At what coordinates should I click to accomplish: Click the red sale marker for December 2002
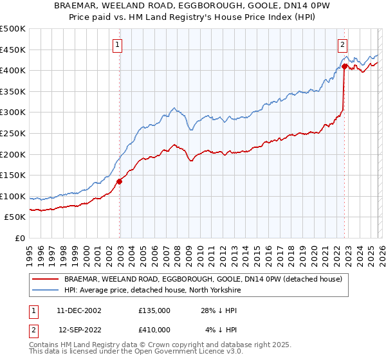pyautogui.click(x=120, y=181)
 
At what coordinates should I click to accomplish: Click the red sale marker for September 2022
pyautogui.click(x=344, y=66)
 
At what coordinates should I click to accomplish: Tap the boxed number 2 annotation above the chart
pyautogui.click(x=343, y=44)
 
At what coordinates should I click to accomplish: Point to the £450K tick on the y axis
pyautogui.click(x=13, y=50)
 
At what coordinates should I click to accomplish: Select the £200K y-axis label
pyautogui.click(x=13, y=154)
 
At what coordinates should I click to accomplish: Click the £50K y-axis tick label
pyautogui.click(x=15, y=217)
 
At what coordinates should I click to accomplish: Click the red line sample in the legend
pyautogui.click(x=46, y=280)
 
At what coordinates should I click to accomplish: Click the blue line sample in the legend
pyautogui.click(x=46, y=291)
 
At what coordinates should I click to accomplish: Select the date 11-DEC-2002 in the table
pyautogui.click(x=79, y=310)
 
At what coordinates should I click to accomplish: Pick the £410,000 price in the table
pyautogui.click(x=154, y=329)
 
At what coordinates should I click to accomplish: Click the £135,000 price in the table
pyautogui.click(x=154, y=310)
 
